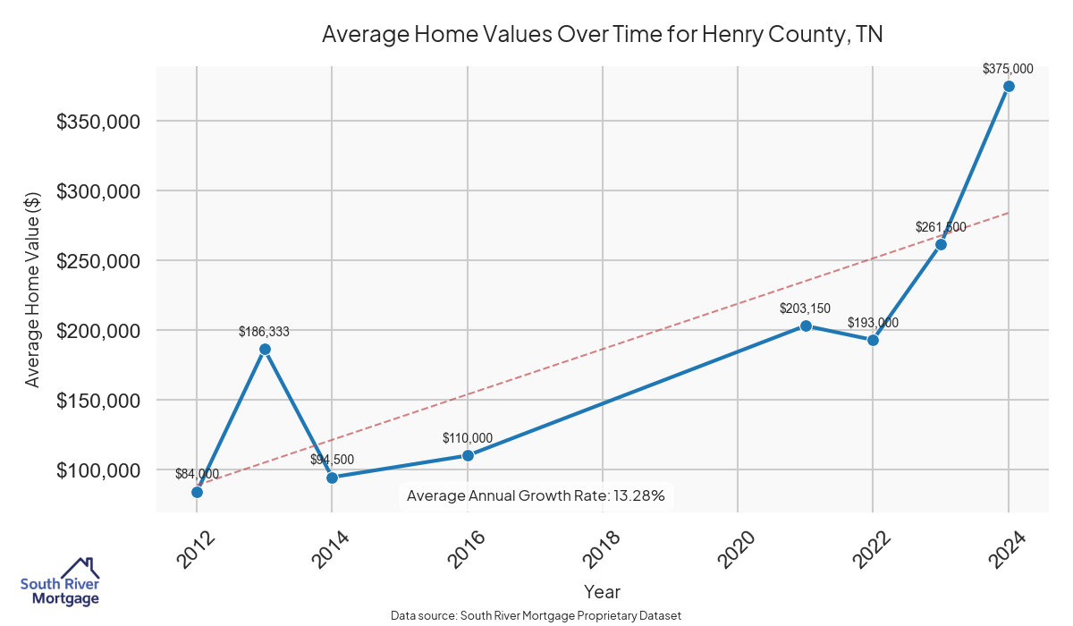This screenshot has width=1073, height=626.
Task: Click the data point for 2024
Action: pyautogui.click(x=1009, y=86)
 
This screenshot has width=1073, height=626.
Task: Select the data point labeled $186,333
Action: pyautogui.click(x=265, y=349)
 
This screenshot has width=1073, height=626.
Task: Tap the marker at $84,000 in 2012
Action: pyautogui.click(x=197, y=492)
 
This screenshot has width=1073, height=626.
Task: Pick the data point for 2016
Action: pyautogui.click(x=468, y=455)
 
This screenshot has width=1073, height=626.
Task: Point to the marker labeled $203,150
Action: pyautogui.click(x=806, y=326)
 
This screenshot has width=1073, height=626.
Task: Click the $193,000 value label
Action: pyautogui.click(x=873, y=323)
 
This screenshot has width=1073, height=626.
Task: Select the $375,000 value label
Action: pyautogui.click(x=1008, y=68)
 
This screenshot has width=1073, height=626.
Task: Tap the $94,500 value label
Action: pyautogui.click(x=332, y=460)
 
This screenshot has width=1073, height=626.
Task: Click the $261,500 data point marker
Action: pyautogui.click(x=941, y=244)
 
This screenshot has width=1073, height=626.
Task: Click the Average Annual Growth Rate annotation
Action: pyautogui.click(x=536, y=495)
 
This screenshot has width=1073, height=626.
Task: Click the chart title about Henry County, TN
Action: pyautogui.click(x=603, y=35)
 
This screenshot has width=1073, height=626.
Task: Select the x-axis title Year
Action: pyautogui.click(x=602, y=591)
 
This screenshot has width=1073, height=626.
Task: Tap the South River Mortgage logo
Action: pyautogui.click(x=60, y=582)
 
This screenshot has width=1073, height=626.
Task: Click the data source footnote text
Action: pyautogui.click(x=536, y=616)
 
